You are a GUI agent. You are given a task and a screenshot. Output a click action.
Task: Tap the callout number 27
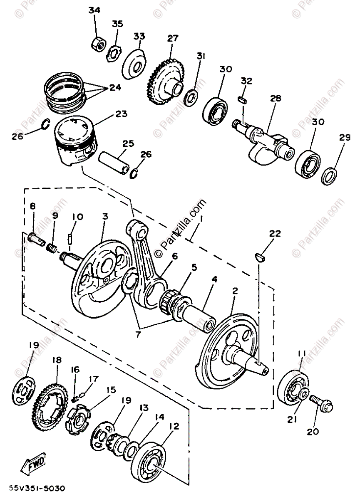173,39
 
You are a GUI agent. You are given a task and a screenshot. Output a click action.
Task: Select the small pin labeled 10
70,240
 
